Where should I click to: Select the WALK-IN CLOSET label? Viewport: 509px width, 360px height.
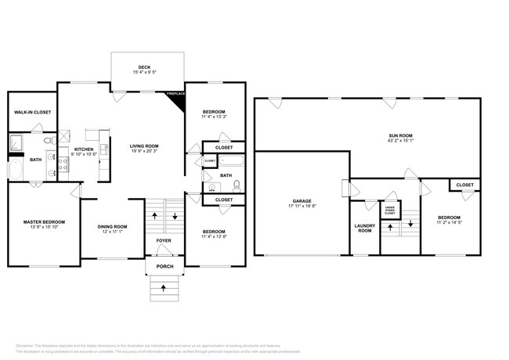31,113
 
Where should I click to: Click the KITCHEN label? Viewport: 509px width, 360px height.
84,149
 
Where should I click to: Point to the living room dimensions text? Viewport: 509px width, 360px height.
144,152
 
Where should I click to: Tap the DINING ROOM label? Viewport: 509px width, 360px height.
113,227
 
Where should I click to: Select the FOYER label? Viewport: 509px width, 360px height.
163,240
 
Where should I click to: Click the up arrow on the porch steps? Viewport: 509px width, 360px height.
163,288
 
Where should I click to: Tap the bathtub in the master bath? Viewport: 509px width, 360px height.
16,170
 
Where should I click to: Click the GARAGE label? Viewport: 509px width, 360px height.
301,201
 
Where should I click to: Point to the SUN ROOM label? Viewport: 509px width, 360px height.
401,135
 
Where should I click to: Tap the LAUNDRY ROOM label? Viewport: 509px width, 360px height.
364,228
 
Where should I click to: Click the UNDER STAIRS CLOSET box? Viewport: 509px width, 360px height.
390,209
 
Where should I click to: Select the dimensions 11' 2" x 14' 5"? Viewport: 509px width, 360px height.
449,223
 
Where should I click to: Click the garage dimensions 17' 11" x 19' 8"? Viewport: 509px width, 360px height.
301,207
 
